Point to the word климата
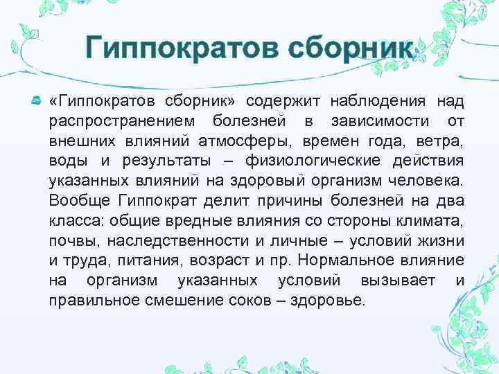coord(432,222)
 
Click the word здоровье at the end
coord(335,302)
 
